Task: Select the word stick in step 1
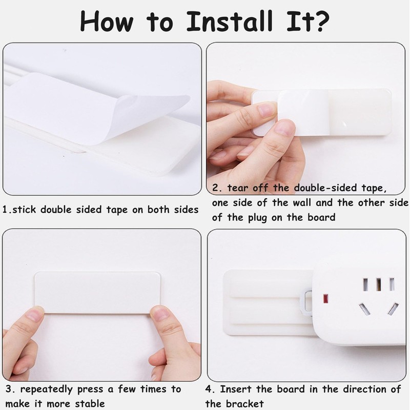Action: coord(26,210)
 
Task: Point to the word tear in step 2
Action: coord(236,188)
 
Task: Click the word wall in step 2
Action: coord(311,202)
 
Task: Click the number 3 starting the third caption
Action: coord(9,389)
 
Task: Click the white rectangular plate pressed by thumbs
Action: coord(97,292)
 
